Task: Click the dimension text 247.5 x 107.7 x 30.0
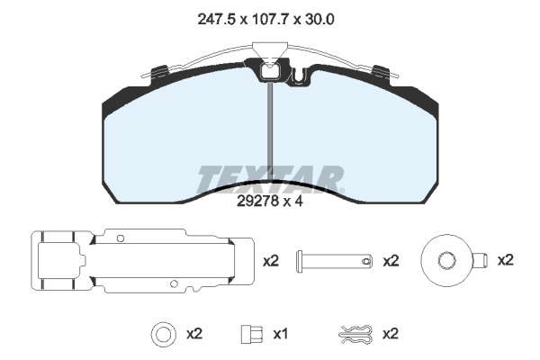click(265, 20)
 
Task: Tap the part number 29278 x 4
click(270, 202)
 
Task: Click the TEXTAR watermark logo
click(270, 179)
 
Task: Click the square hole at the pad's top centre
click(269, 71)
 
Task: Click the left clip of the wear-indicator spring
click(158, 71)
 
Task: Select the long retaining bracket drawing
click(142, 261)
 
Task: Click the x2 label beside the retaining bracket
click(271, 261)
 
